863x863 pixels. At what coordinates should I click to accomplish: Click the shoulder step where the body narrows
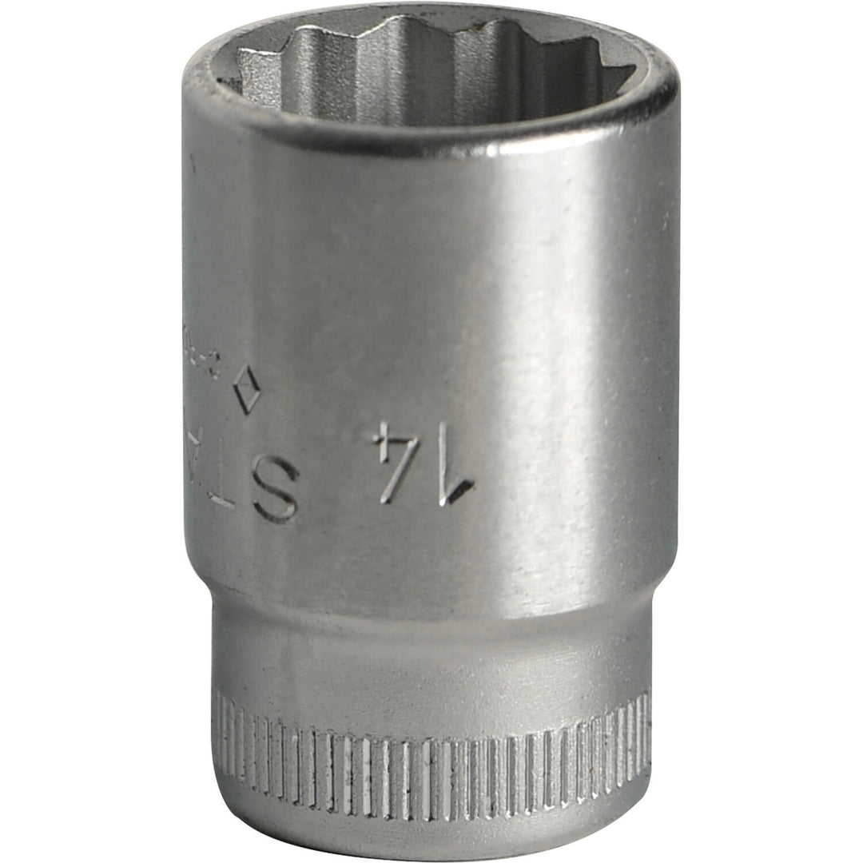[431, 595]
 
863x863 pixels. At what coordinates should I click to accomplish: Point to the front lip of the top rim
[431, 136]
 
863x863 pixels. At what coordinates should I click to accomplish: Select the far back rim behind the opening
[431, 14]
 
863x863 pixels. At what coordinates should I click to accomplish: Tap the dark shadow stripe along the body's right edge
[667, 360]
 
